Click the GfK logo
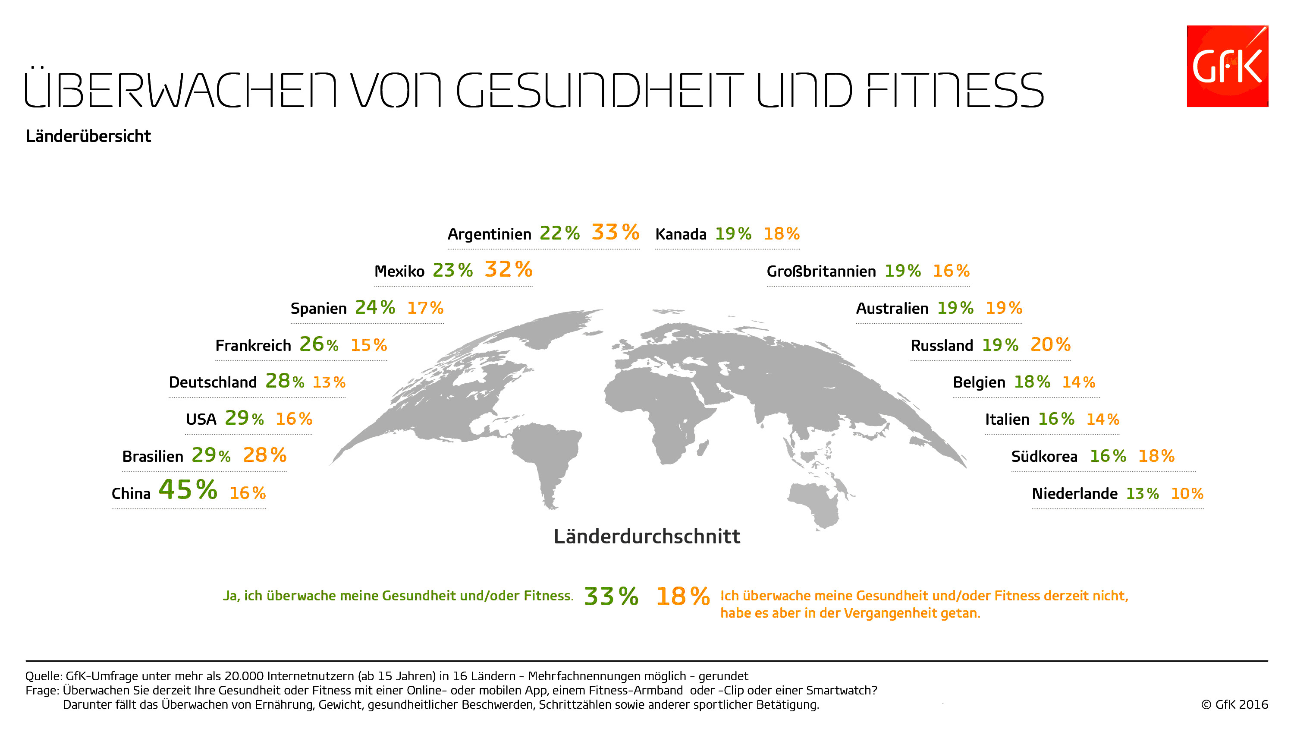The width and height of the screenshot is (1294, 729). pyautogui.click(x=1227, y=66)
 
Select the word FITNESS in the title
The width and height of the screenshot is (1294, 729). pyautogui.click(x=954, y=91)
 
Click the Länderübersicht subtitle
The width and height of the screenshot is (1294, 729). pyautogui.click(x=88, y=136)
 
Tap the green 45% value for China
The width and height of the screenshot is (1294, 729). pyautogui.click(x=188, y=490)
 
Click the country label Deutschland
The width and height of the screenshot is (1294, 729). pyautogui.click(x=213, y=382)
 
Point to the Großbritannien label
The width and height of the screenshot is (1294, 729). pyautogui.click(x=821, y=271)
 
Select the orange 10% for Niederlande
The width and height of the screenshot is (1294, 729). pyautogui.click(x=1187, y=494)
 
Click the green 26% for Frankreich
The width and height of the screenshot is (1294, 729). pyautogui.click(x=318, y=344)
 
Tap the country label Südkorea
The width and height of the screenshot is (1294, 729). pyautogui.click(x=1044, y=457)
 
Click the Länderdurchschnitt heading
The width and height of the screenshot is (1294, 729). pyautogui.click(x=647, y=536)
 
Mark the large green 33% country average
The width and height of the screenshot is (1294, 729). pyautogui.click(x=611, y=597)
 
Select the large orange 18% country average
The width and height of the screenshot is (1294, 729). pyautogui.click(x=682, y=597)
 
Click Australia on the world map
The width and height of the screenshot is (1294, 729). pyautogui.click(x=814, y=503)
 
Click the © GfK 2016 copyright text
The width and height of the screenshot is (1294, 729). pyautogui.click(x=1234, y=704)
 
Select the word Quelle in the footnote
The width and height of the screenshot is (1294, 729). pyautogui.click(x=43, y=676)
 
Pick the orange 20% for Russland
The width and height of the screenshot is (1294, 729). pyautogui.click(x=1050, y=344)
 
